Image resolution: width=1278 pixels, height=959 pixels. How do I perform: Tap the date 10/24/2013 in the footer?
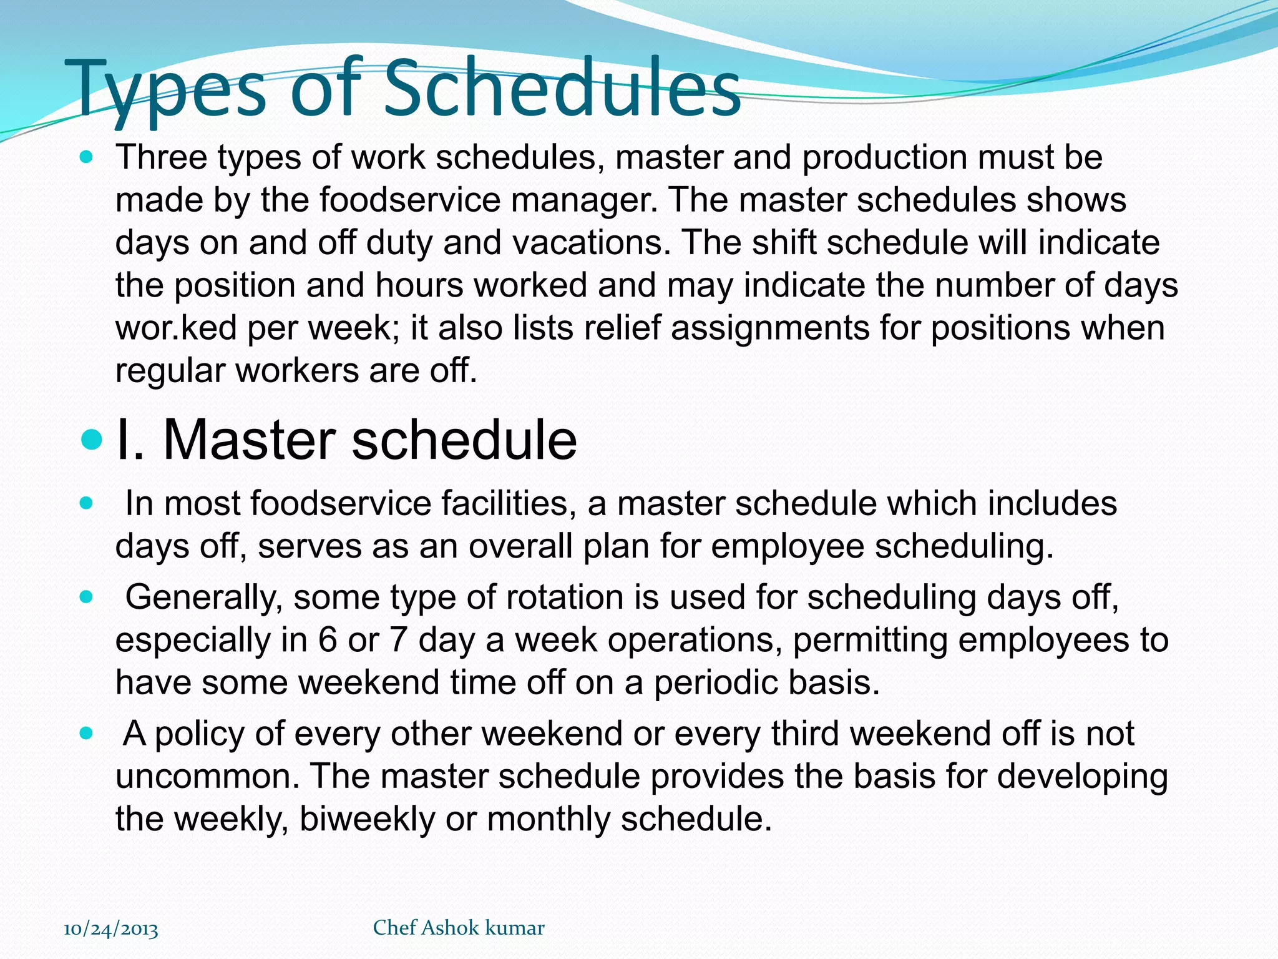(x=111, y=928)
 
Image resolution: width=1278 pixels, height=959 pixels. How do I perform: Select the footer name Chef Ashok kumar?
(x=459, y=928)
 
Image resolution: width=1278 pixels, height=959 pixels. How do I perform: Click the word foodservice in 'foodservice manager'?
(x=411, y=200)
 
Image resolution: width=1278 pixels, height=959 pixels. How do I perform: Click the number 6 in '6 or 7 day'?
(x=328, y=641)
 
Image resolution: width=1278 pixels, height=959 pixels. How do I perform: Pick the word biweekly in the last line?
(x=367, y=819)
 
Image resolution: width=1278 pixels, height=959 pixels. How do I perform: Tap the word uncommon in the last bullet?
(x=207, y=777)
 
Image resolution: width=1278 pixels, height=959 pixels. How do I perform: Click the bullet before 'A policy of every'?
(x=87, y=733)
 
